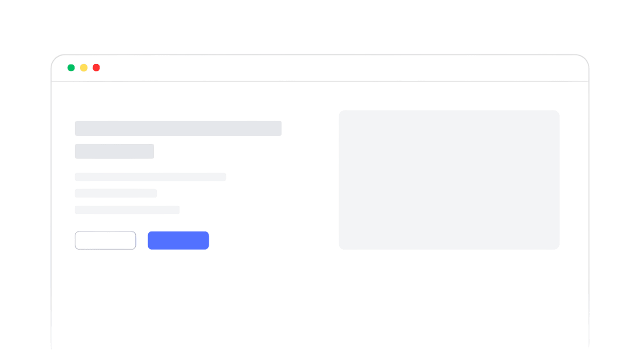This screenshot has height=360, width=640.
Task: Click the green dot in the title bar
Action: [71, 67]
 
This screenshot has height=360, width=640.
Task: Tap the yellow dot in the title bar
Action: [83, 67]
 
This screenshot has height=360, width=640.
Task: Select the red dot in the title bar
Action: [96, 67]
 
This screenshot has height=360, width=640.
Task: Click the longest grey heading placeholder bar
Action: [178, 128]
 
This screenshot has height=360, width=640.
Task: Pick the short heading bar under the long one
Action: [114, 151]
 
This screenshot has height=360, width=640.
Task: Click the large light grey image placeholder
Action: [449, 179]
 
